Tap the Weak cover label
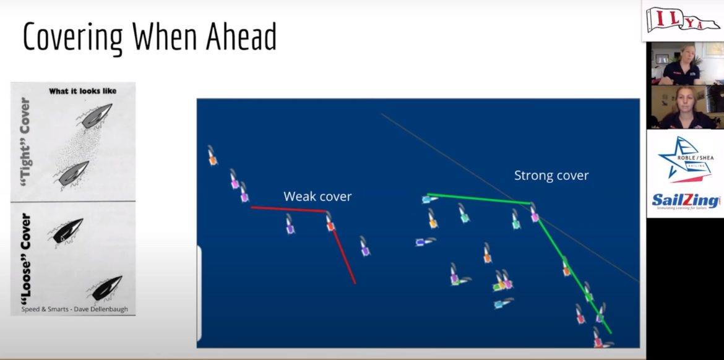[x=317, y=197]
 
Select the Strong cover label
[x=551, y=176]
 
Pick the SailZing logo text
[x=685, y=200]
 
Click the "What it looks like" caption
[x=82, y=91]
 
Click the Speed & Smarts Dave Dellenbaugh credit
[x=74, y=309]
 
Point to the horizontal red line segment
[x=288, y=209]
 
